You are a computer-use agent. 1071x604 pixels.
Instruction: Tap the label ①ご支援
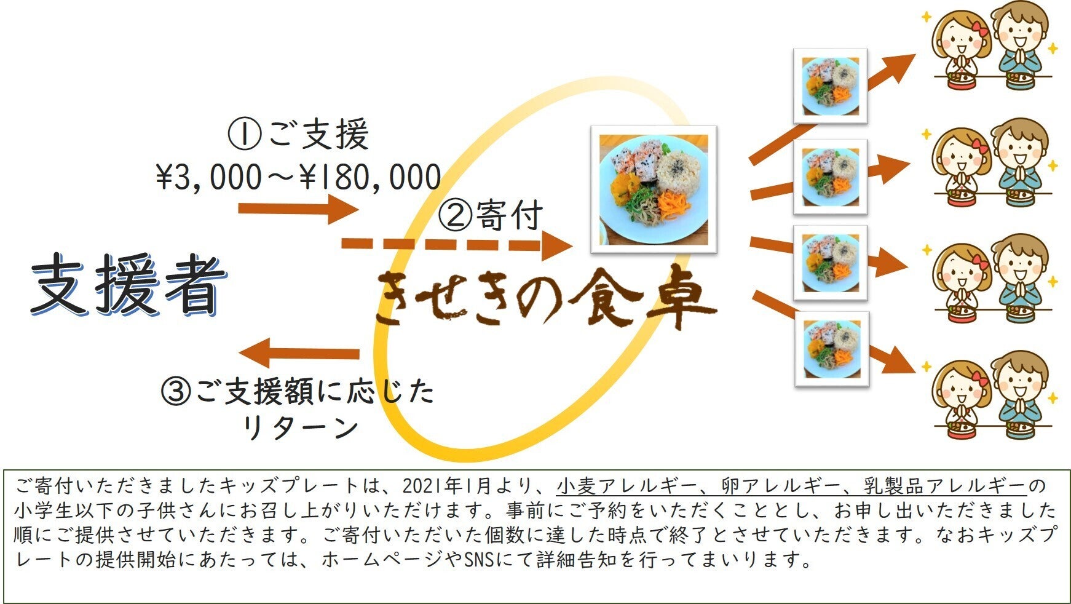pyautogui.click(x=298, y=135)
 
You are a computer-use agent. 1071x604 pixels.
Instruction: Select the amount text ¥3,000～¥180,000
pyautogui.click(x=298, y=177)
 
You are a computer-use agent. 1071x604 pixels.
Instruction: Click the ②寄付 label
pyautogui.click(x=491, y=215)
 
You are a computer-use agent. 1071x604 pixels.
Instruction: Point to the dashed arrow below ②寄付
pyautogui.click(x=455, y=245)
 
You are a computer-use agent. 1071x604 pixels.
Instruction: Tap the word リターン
pyautogui.click(x=299, y=427)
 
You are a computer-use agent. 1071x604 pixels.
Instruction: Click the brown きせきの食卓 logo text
pyautogui.click(x=544, y=300)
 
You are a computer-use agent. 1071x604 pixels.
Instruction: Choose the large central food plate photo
pyautogui.click(x=654, y=189)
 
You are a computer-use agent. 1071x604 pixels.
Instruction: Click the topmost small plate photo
pyautogui.click(x=830, y=85)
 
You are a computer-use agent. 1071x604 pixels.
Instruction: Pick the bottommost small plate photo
pyautogui.click(x=832, y=348)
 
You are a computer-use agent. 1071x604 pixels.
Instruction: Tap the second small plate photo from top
pyautogui.click(x=830, y=177)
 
